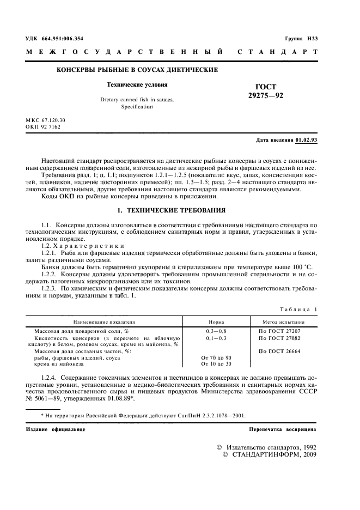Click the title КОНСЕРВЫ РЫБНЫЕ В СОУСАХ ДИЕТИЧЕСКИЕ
(138, 70)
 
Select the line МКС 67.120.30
(45, 119)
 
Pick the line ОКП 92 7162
(43, 126)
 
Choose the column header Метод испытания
(282, 322)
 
